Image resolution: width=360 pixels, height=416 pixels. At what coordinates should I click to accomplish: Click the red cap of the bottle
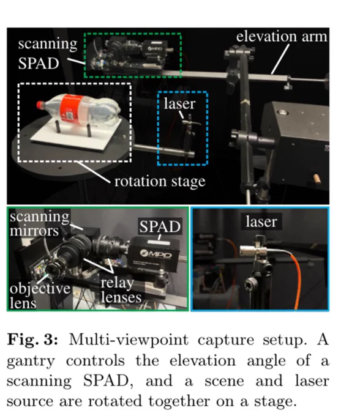40,105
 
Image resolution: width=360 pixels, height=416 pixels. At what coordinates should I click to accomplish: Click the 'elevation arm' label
282,36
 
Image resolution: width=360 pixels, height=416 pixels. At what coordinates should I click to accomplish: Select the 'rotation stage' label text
160,182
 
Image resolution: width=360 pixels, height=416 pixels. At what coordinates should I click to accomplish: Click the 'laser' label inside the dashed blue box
180,103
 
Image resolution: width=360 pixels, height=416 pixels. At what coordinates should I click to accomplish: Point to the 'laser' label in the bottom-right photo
261,221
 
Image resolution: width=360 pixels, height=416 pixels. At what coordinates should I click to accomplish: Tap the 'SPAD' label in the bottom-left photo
160,226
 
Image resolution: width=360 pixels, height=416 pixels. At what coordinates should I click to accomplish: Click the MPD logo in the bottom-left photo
156,254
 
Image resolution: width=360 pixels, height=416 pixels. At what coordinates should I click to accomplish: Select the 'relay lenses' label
121,290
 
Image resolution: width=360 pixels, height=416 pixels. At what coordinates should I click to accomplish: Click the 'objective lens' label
40,295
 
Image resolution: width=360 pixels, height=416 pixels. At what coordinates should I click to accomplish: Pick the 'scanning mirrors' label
40,224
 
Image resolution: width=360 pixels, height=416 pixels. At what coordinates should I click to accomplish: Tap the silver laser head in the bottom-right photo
252,250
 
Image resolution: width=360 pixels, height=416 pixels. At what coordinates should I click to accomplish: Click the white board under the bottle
77,135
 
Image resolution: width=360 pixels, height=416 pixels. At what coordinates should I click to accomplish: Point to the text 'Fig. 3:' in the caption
32,340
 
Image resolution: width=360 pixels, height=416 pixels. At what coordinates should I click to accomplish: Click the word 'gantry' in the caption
31,362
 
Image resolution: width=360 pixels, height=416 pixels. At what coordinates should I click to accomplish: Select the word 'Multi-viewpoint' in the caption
129,340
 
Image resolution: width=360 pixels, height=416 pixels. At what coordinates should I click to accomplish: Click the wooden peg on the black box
317,179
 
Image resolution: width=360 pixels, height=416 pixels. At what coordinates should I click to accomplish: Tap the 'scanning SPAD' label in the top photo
48,53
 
